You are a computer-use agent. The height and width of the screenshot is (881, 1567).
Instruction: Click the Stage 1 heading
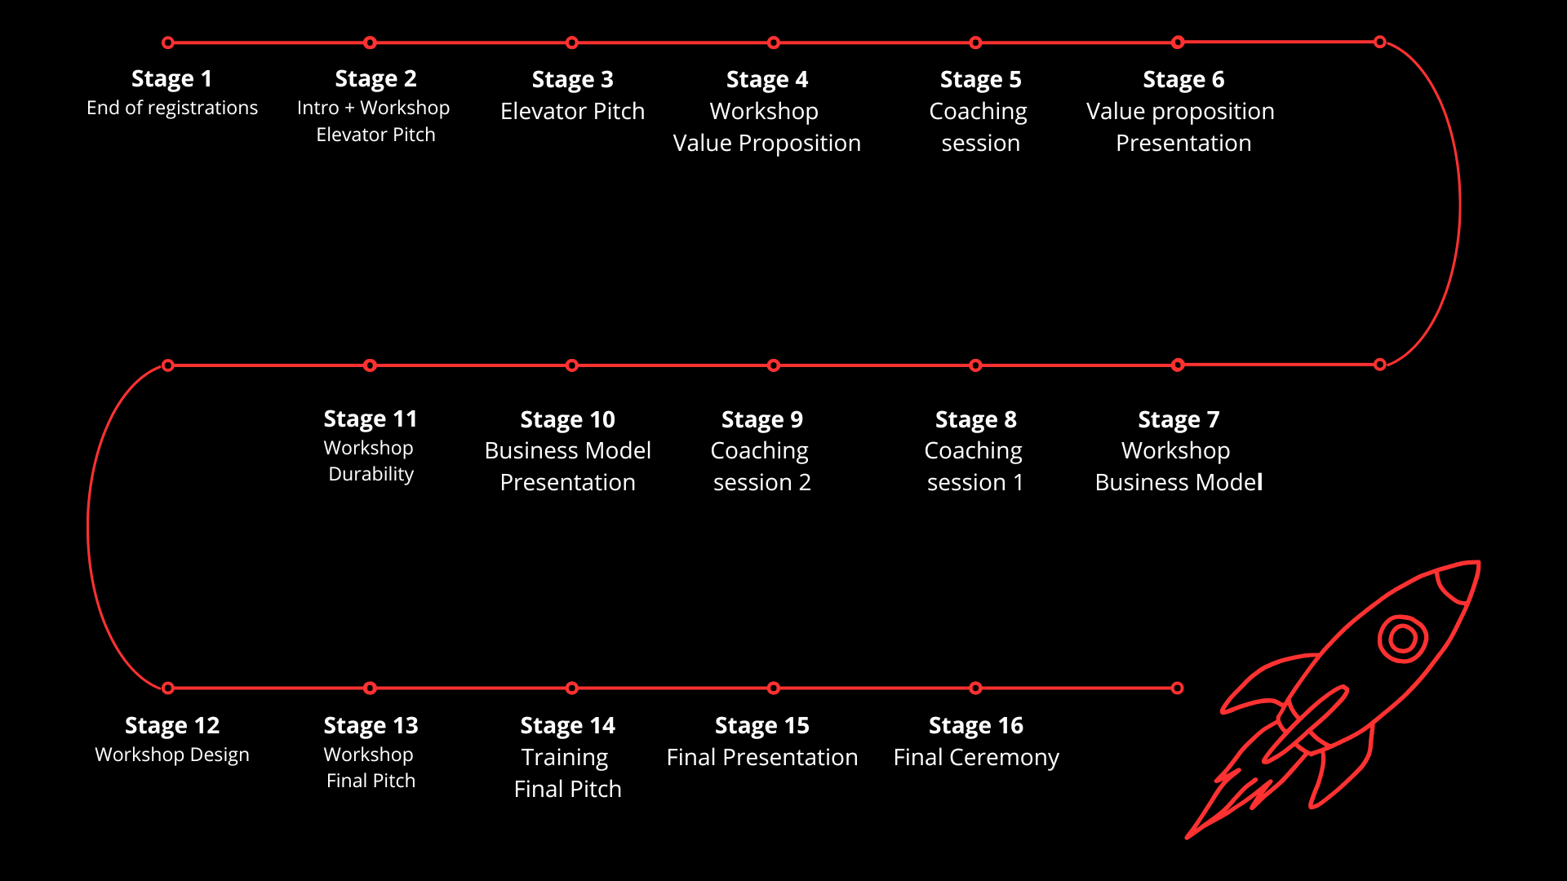(171, 79)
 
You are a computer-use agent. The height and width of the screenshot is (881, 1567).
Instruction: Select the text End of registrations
(172, 108)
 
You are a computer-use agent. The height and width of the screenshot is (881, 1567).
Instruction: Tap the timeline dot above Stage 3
(572, 42)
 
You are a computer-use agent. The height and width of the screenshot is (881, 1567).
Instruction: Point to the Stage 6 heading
(1183, 80)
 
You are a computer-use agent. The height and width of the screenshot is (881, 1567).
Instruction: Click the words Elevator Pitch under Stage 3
(572, 111)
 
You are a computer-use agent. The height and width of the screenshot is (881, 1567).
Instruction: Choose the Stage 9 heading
(762, 419)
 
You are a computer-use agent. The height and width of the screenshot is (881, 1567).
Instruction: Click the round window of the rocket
(1402, 639)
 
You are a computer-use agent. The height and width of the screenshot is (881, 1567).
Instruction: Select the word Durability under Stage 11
(371, 474)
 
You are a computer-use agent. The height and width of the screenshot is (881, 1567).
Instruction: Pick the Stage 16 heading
(976, 725)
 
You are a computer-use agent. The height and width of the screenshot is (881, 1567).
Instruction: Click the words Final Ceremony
(976, 757)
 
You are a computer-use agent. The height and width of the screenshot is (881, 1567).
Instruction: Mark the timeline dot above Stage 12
(168, 688)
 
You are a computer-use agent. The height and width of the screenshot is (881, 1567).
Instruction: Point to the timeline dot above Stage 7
(1178, 365)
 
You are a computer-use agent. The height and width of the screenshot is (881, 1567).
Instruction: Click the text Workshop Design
(172, 755)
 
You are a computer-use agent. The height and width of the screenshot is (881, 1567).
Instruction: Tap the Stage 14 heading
(568, 725)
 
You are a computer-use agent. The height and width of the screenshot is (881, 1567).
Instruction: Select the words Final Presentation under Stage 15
(762, 757)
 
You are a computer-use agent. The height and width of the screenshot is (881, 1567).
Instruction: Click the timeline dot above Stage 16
(975, 688)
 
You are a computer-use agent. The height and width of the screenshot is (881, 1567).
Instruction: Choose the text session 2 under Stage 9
(762, 482)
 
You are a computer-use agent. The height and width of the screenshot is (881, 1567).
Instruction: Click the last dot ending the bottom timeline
(1177, 688)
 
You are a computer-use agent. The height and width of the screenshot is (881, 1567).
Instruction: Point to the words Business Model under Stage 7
(1179, 482)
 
